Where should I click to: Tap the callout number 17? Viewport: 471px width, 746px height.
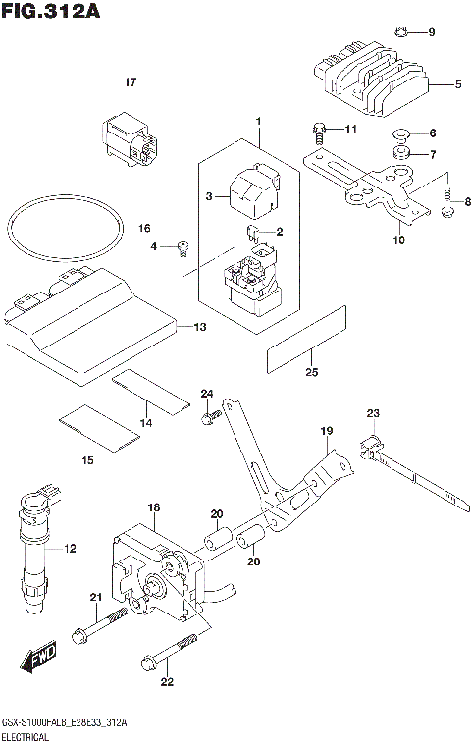129,82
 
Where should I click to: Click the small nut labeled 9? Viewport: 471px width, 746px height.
401,32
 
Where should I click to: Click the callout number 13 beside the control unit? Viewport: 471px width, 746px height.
199,326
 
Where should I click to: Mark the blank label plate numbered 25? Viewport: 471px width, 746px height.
308,338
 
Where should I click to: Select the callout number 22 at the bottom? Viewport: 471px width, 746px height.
168,683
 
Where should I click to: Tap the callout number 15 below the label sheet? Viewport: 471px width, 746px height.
87,460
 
